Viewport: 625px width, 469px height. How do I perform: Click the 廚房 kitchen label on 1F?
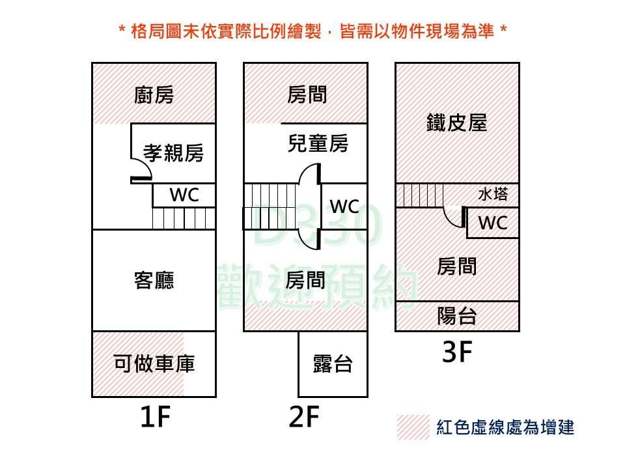(154, 96)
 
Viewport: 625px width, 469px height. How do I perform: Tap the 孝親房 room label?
(173, 154)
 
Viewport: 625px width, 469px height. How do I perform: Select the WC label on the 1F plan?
(184, 195)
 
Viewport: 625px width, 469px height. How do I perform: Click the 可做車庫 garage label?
(154, 363)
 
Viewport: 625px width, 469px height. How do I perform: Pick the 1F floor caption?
(155, 418)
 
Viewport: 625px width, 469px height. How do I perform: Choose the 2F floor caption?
(305, 418)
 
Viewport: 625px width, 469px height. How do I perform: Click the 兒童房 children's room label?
(318, 143)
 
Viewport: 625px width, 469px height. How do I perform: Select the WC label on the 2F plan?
(344, 207)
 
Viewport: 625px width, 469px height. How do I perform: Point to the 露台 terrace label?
(333, 363)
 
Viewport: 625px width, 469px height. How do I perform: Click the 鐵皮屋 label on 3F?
(457, 122)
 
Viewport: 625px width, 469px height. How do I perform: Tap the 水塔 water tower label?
(493, 194)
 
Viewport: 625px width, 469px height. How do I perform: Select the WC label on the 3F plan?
(493, 223)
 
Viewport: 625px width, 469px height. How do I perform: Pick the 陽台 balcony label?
(457, 317)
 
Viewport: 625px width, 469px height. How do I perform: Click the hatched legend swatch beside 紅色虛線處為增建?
(413, 427)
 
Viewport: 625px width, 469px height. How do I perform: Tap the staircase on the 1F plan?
(184, 218)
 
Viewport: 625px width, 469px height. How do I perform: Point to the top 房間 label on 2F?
(307, 96)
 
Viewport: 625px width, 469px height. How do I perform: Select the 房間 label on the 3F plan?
(457, 266)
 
